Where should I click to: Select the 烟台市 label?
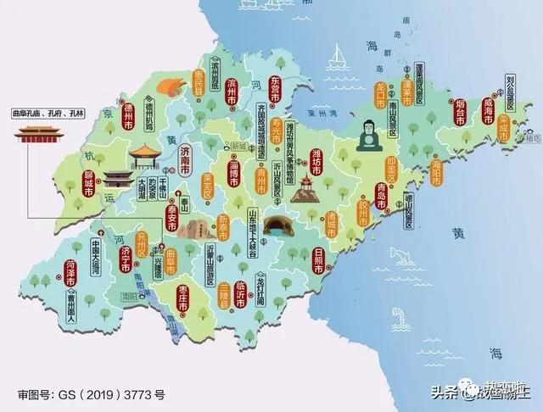click(456, 114)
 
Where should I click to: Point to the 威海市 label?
click(489, 110)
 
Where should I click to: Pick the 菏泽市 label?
click(70, 274)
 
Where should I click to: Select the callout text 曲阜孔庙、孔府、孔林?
click(42, 112)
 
